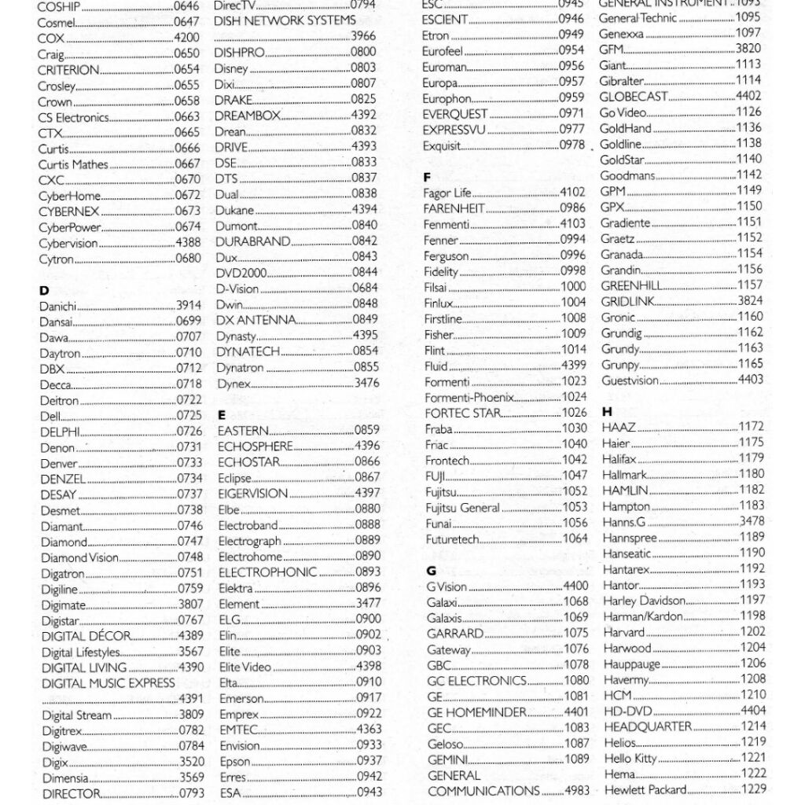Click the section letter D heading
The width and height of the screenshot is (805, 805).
44,290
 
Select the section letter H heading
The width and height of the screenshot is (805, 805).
607,411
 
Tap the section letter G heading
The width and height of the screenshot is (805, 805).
431,570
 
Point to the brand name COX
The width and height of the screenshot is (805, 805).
51,38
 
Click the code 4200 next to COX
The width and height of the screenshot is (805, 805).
186,38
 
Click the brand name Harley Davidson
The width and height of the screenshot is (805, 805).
644,601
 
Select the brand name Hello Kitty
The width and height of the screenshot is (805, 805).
630,758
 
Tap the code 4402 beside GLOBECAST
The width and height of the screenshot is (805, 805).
749,96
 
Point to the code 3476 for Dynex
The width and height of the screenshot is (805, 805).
366,383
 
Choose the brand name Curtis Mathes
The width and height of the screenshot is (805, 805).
74,164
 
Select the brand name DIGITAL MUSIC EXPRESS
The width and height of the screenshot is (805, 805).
108,683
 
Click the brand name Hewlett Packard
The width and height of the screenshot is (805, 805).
645,789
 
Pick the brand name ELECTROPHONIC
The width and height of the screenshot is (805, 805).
267,572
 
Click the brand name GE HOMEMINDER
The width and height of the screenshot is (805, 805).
476,712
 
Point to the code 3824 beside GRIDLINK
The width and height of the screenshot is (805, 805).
749,301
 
